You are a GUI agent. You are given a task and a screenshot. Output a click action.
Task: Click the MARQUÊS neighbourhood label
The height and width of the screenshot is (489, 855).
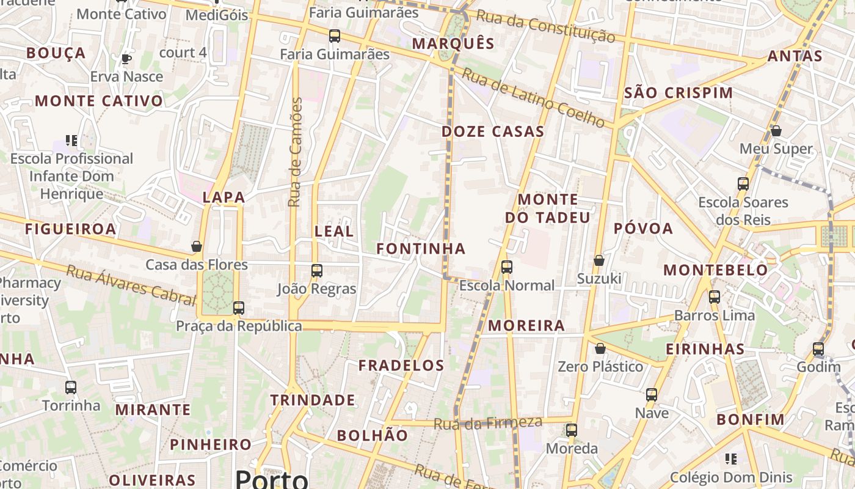click(x=453, y=43)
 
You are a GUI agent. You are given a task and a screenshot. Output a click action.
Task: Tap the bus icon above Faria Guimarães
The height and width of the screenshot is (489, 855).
click(x=335, y=36)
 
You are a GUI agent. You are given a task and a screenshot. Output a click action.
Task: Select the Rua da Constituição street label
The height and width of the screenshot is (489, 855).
click(x=545, y=26)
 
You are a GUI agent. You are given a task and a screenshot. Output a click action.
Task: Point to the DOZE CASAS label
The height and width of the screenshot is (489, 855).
click(x=493, y=131)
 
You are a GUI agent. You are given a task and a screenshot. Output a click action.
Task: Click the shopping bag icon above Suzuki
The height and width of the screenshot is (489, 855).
click(x=599, y=260)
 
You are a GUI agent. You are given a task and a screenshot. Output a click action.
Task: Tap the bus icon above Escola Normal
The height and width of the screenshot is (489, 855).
click(x=507, y=267)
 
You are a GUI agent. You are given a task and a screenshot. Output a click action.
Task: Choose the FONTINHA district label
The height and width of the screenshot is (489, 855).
click(x=421, y=249)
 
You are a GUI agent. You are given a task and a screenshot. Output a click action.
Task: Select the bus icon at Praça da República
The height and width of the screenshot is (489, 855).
click(x=239, y=308)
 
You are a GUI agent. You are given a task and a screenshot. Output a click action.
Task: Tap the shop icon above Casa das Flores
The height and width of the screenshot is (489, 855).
click(x=197, y=246)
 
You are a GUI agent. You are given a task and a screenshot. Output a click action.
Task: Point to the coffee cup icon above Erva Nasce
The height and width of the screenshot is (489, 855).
click(x=126, y=59)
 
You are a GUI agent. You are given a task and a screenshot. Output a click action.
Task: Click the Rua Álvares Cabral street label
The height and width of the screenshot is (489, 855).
click(x=130, y=285)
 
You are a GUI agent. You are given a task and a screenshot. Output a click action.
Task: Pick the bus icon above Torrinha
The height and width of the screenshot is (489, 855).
click(x=71, y=388)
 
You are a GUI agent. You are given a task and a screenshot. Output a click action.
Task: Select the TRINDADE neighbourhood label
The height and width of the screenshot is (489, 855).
click(x=313, y=400)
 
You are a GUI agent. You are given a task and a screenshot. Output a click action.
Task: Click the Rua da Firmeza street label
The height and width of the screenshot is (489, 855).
click(x=488, y=423)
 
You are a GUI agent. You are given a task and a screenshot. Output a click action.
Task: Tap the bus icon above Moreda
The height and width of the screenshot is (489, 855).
click(x=572, y=430)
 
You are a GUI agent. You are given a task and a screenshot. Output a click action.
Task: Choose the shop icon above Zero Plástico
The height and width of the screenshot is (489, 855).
click(x=600, y=348)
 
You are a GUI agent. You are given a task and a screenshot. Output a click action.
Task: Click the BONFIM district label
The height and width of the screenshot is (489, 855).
click(x=750, y=420)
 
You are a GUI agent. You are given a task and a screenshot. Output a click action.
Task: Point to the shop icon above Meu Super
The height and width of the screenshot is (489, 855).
click(x=776, y=131)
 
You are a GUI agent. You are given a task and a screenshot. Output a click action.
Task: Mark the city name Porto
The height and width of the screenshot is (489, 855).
click(x=271, y=479)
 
